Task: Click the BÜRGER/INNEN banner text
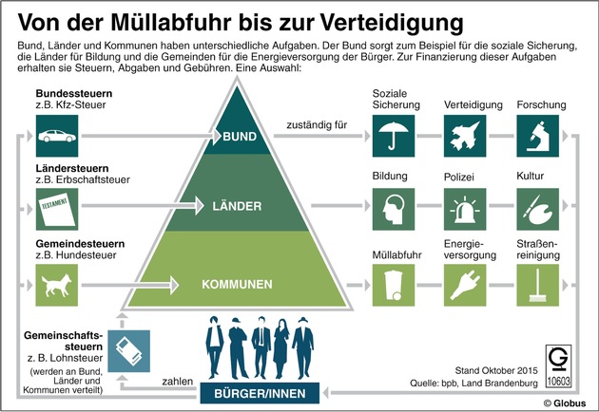pyautogui.click(x=259, y=390)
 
